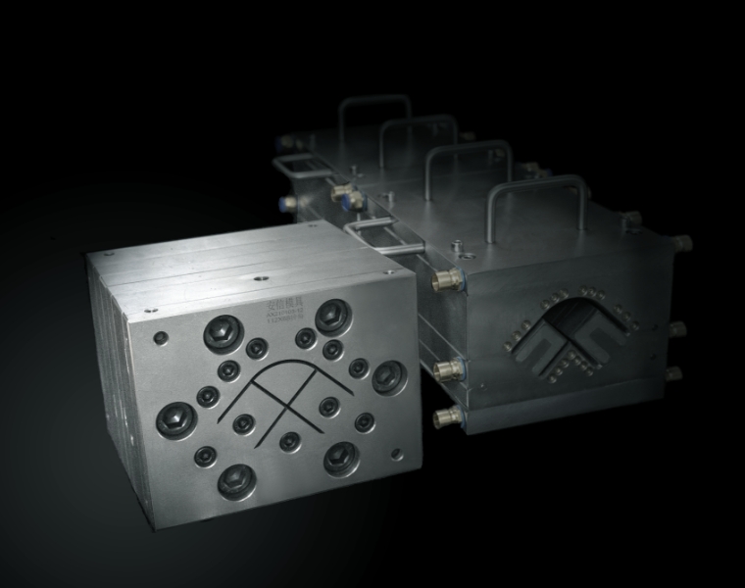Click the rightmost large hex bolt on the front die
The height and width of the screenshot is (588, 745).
pyautogui.click(x=388, y=373)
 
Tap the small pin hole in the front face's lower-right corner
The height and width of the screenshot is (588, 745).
pyautogui.click(x=395, y=454)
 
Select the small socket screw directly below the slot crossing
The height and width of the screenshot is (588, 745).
pyautogui.click(x=289, y=442)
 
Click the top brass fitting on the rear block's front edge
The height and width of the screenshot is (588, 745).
pyautogui.click(x=449, y=281)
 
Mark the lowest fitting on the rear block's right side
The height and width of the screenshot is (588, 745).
pyautogui.click(x=673, y=373)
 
